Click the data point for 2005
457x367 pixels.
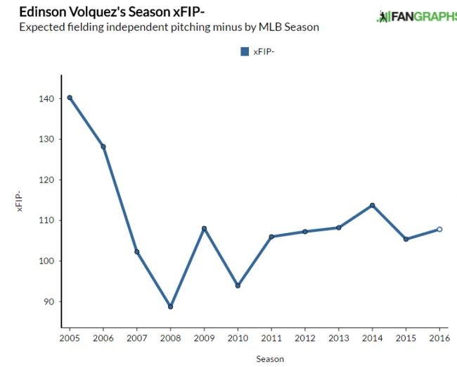[x=70, y=98]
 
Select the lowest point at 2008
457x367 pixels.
[x=170, y=306]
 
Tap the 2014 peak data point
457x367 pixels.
[x=372, y=205]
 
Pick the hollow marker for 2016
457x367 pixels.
[x=439, y=229]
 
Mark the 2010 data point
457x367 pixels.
[x=238, y=286]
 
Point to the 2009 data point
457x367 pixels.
[x=204, y=228]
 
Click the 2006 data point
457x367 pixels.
[x=103, y=147]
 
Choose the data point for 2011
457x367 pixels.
[x=271, y=237]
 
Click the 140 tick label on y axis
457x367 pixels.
[x=46, y=99]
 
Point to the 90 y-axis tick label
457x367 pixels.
[x=49, y=301]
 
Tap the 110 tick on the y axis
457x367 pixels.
[x=46, y=220]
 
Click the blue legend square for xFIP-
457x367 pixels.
[x=245, y=51]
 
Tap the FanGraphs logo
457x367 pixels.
[x=419, y=15]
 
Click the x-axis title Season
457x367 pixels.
[x=270, y=359]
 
